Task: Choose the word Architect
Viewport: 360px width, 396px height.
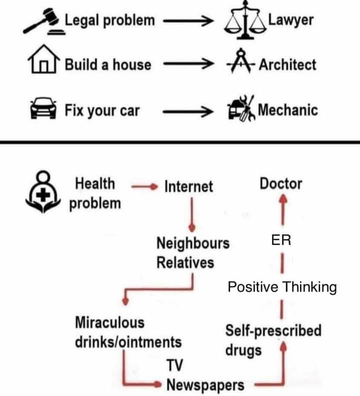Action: click(x=287, y=64)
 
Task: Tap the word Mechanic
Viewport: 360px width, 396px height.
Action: click(x=287, y=109)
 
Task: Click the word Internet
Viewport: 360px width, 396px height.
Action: click(x=188, y=187)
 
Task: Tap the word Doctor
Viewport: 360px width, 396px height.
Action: click(x=280, y=184)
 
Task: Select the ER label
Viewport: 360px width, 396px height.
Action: click(x=281, y=240)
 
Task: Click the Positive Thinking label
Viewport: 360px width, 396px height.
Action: click(x=282, y=287)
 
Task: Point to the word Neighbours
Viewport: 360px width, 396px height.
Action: click(x=193, y=244)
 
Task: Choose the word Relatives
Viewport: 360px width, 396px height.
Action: click(x=185, y=263)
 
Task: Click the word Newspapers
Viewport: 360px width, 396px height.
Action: click(x=205, y=385)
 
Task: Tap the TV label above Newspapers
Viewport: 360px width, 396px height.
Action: click(x=174, y=366)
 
